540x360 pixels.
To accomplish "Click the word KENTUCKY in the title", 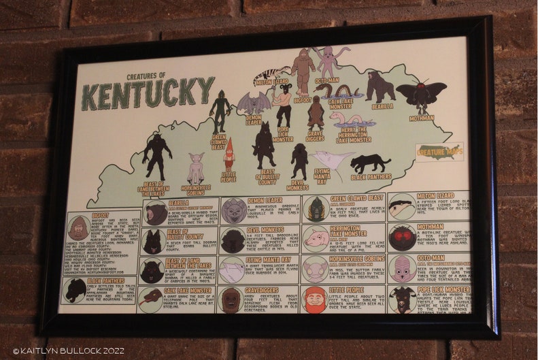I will click(148, 93).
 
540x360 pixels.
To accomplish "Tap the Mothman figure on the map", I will click(421, 95).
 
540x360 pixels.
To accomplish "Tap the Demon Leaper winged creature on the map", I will click(253, 103).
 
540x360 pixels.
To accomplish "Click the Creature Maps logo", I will click(439, 151).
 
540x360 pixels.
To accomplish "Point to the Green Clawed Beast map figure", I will click(220, 111).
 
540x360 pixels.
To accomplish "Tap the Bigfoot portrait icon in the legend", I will click(79, 229).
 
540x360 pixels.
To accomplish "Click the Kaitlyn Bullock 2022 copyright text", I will click(58, 351).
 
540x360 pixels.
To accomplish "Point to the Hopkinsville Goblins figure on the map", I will click(196, 167).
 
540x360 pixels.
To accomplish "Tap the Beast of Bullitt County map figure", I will click(264, 144).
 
